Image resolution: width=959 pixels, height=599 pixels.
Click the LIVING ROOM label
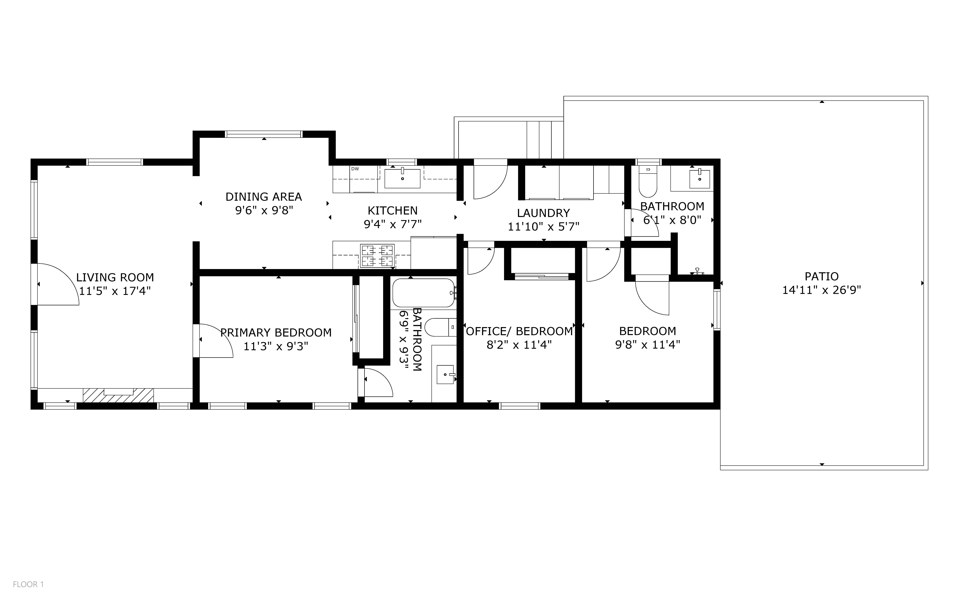point(115,277)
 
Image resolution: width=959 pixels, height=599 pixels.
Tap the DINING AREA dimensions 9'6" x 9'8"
point(264,210)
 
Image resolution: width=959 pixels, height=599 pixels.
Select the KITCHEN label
point(393,210)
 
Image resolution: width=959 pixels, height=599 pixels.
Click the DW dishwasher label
point(355,169)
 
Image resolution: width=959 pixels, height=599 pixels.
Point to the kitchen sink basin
point(403,178)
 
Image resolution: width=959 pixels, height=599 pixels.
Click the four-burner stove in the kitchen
point(377,256)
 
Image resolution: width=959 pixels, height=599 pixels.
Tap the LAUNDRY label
point(543,213)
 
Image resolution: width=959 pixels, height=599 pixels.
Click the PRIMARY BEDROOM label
point(276,333)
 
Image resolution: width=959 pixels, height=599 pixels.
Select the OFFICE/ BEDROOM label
point(519,331)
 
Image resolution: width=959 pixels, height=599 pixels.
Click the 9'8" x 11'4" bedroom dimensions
point(648,345)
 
